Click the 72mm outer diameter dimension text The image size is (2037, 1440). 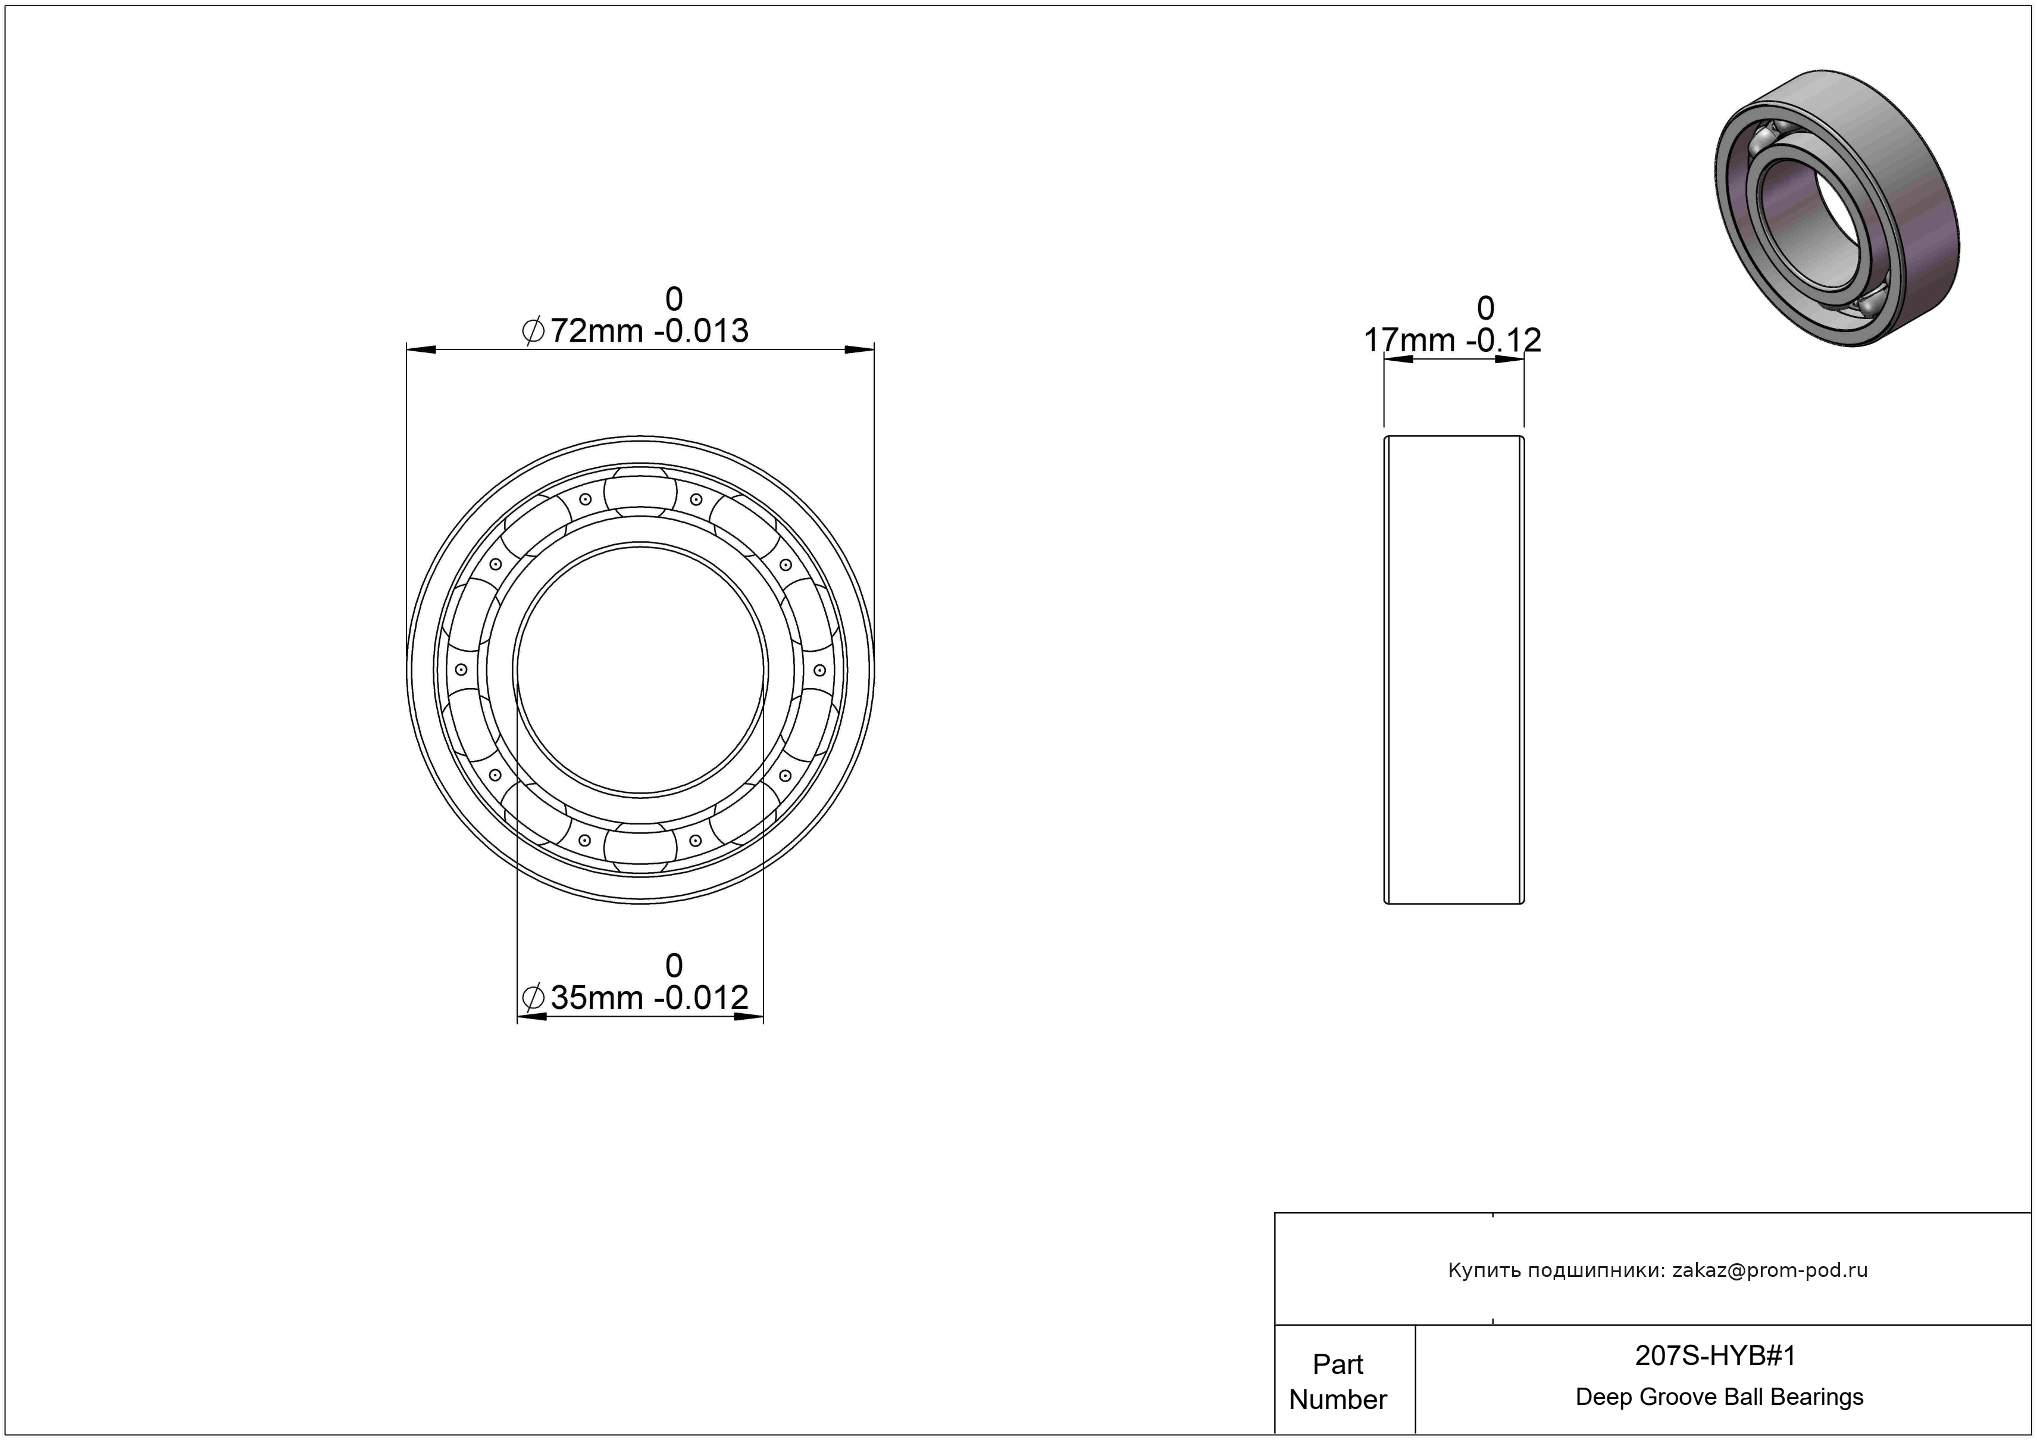596,331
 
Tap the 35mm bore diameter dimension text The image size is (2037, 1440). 596,998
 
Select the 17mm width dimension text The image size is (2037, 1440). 1409,340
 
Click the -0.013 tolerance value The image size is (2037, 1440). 701,331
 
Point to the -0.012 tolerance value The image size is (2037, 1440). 701,998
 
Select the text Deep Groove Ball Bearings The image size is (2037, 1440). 1719,1397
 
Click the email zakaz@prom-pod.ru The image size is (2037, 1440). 1770,1270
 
